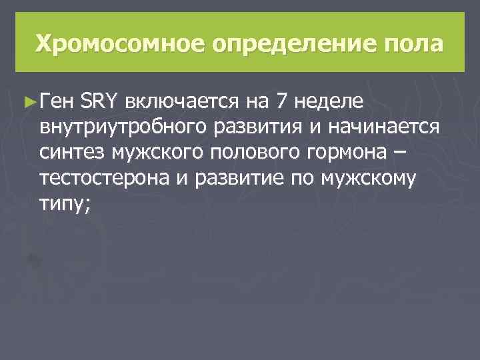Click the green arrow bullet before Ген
[29, 101]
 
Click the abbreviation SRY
[99, 101]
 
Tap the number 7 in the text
[281, 101]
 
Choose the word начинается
[387, 127]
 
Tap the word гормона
[351, 153]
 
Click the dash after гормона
[399, 153]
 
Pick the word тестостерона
[107, 179]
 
